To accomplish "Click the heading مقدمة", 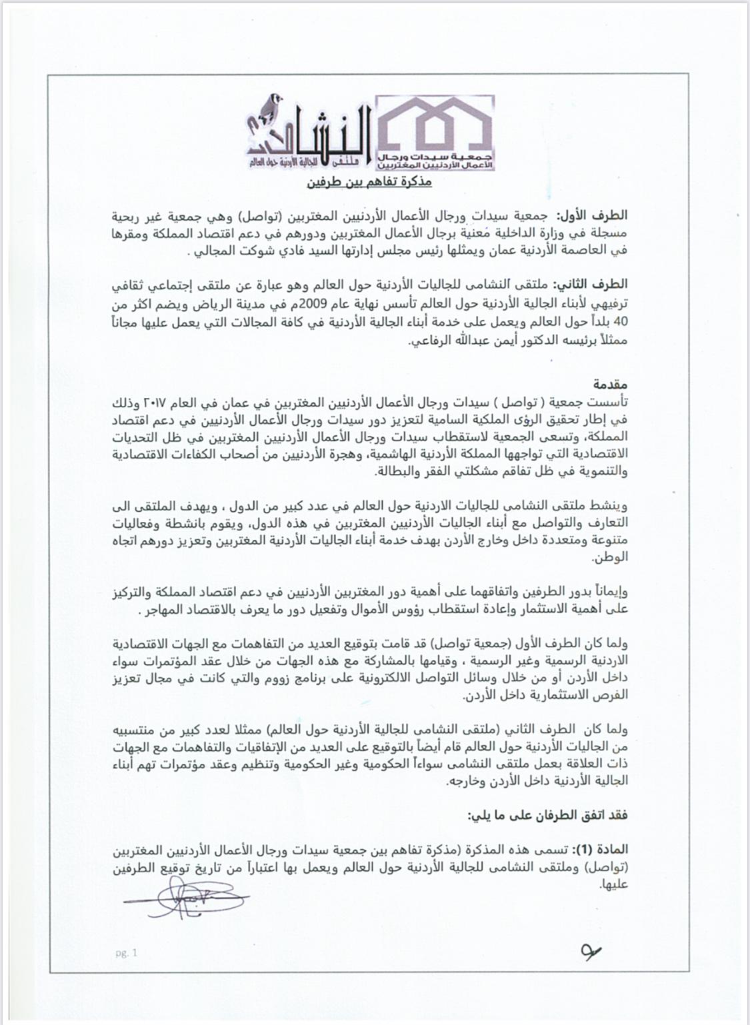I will click(611, 385).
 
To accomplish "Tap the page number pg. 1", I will click(125, 953).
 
